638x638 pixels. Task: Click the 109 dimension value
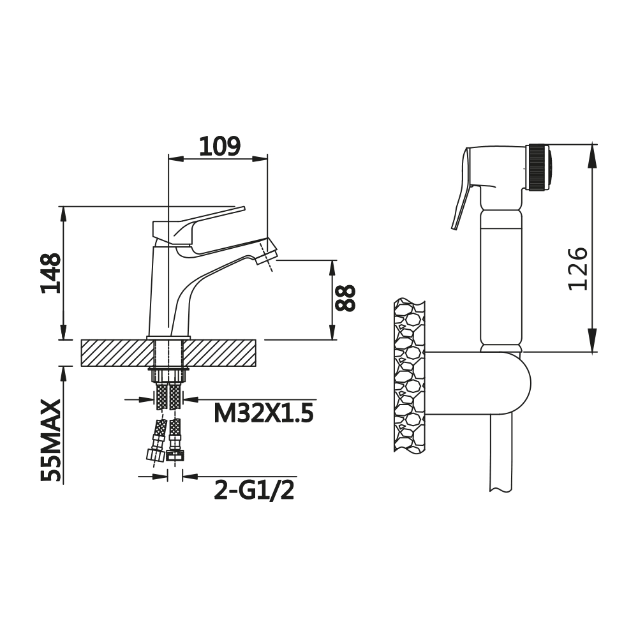coord(219,147)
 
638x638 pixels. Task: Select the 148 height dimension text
coord(51,273)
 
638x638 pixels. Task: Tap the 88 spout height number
coord(345,298)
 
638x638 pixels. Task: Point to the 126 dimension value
coord(578,269)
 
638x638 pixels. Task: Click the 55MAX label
coord(51,441)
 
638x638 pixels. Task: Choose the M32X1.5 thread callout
coord(263,414)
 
